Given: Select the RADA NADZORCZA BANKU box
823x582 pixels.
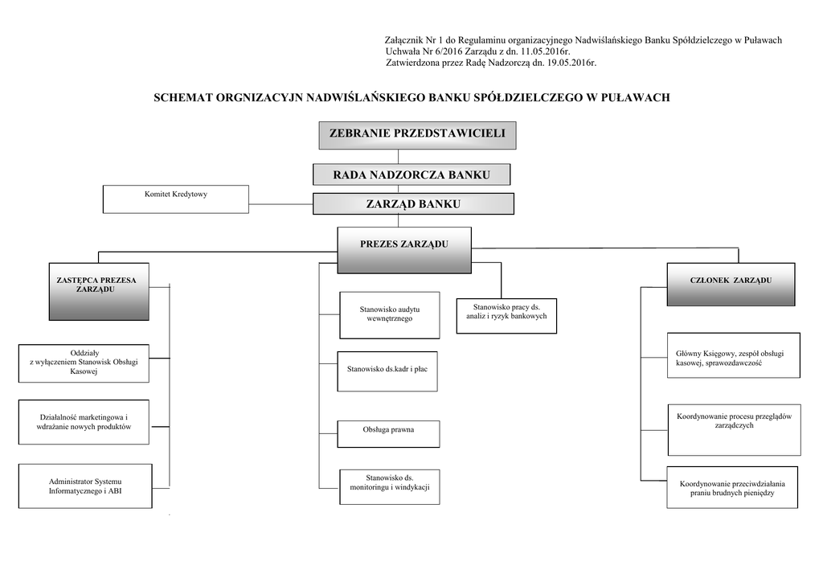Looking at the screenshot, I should pyautogui.click(x=411, y=174).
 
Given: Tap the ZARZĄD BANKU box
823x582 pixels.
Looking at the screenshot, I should pyautogui.click(x=413, y=204).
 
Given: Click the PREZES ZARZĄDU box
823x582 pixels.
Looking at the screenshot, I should pyautogui.click(x=404, y=250).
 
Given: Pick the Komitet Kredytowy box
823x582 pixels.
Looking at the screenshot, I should pyautogui.click(x=176, y=199).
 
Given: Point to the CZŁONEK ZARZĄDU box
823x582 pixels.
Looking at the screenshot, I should pyautogui.click(x=731, y=284).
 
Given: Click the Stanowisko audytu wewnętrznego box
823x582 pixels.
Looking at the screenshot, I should pyautogui.click(x=389, y=314).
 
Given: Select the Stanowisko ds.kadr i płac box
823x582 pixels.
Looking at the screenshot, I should pyautogui.click(x=387, y=369).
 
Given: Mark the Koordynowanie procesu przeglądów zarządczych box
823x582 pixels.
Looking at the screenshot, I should pyautogui.click(x=733, y=421).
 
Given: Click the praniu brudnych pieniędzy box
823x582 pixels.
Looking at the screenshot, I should pyautogui.click(x=732, y=487).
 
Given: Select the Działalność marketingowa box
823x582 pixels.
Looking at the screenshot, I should pyautogui.click(x=84, y=422).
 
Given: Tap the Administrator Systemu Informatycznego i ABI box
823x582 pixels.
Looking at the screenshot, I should pyautogui.click(x=84, y=486).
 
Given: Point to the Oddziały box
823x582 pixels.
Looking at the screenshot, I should pyautogui.click(x=84, y=362).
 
